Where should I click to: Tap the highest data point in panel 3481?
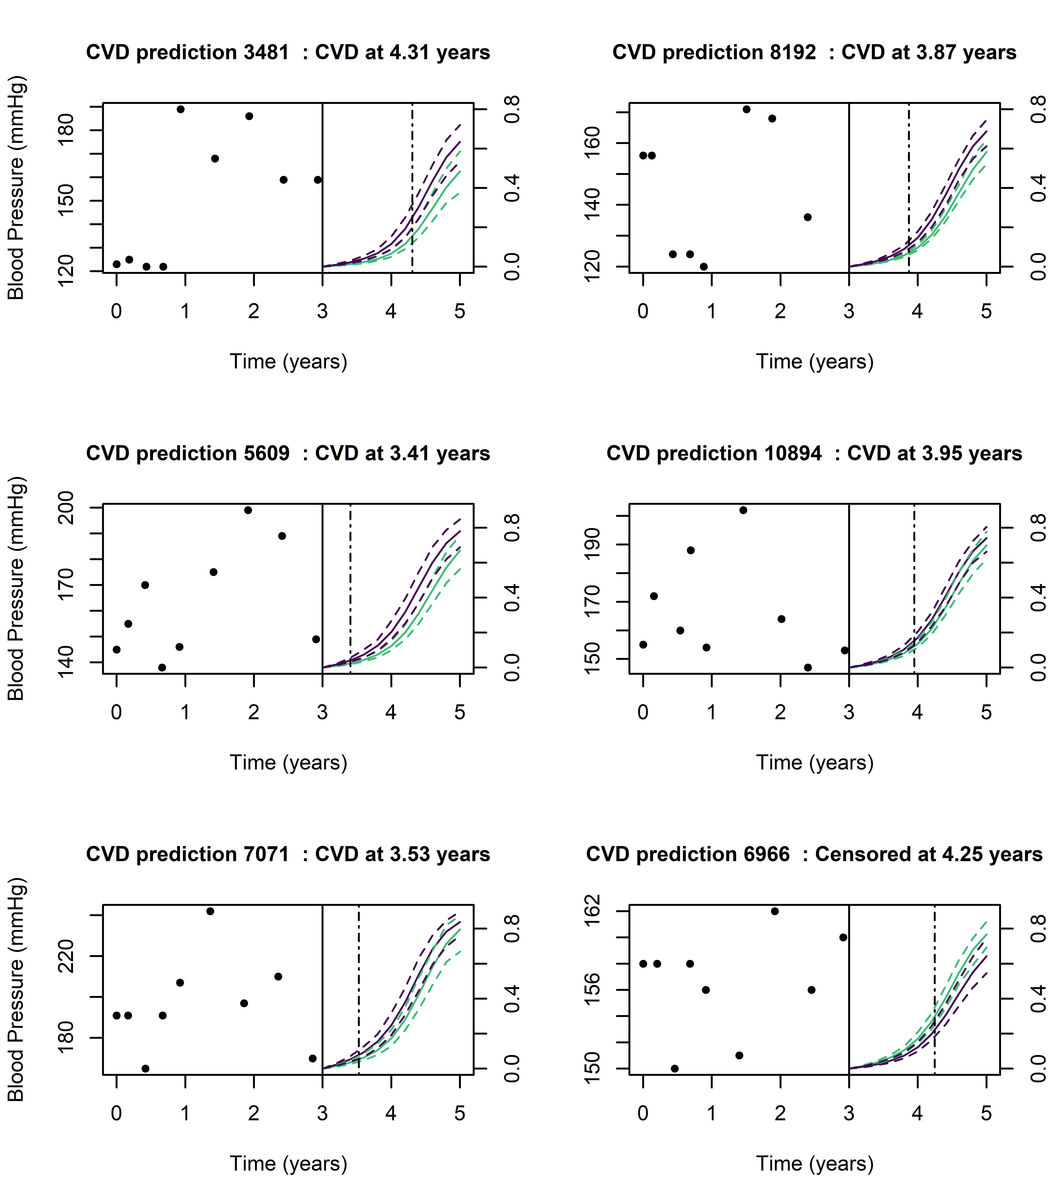[x=180, y=109]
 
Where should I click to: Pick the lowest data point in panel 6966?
[x=674, y=1069]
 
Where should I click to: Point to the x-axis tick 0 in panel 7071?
[x=116, y=1114]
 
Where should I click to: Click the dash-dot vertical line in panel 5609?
[x=350, y=587]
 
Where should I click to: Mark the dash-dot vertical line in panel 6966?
[x=934, y=987]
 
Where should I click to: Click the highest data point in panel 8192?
[x=746, y=109]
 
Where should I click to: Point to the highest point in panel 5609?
[x=248, y=510]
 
